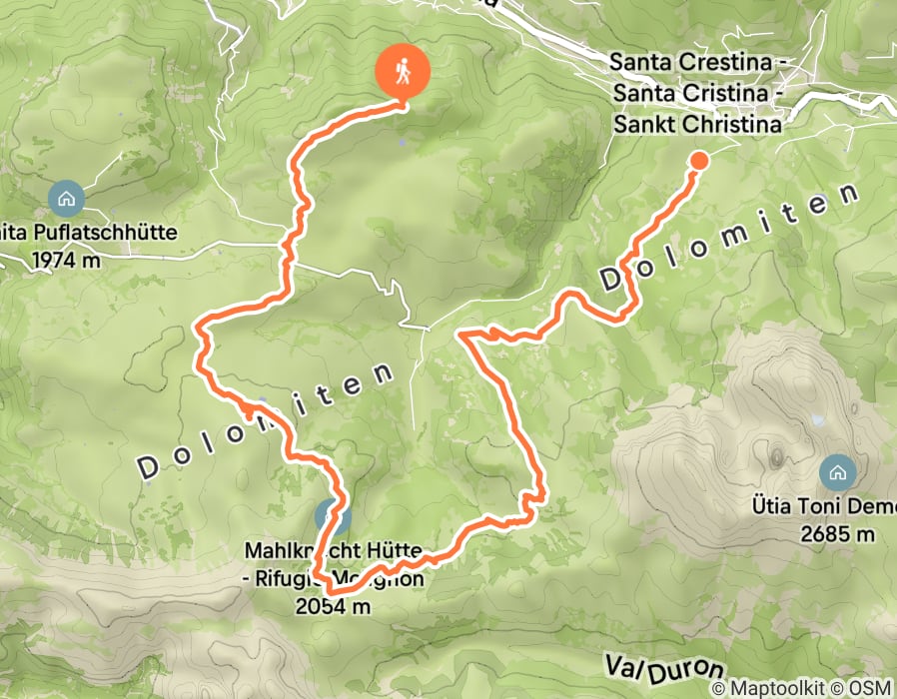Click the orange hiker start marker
pyautogui.click(x=403, y=72)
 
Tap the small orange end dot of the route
pyautogui.click(x=698, y=160)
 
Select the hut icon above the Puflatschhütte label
pyautogui.click(x=66, y=198)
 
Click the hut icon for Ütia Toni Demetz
pyautogui.click(x=835, y=469)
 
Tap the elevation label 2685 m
pyautogui.click(x=836, y=533)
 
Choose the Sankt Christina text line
pyautogui.click(x=696, y=125)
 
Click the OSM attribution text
pyautogui.click(x=867, y=688)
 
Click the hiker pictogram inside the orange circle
pyautogui.click(x=403, y=70)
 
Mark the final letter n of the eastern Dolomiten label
pyautogui.click(x=849, y=193)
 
